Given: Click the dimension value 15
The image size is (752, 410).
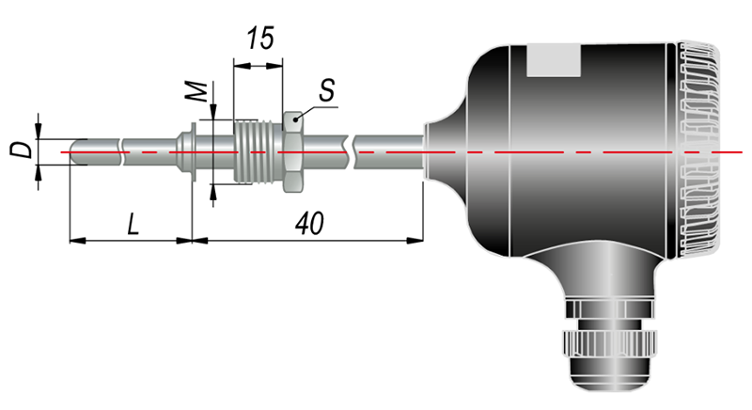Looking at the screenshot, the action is (x=261, y=39).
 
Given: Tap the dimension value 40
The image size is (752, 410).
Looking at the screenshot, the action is (x=309, y=224).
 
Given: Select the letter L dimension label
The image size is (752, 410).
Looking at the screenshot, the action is (x=133, y=224).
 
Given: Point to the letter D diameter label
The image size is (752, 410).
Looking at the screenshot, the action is (x=21, y=150).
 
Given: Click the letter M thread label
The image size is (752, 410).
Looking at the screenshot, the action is (x=196, y=91).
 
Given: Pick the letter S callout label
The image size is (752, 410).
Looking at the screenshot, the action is (x=326, y=90).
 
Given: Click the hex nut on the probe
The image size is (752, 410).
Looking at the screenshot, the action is (x=292, y=152).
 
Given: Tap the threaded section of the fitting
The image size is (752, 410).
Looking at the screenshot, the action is (x=258, y=151).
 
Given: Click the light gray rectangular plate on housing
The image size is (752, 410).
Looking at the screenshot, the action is (x=554, y=60).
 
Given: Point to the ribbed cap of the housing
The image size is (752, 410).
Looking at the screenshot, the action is (x=697, y=149).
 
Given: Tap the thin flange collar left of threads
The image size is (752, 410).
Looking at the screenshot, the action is (x=194, y=152).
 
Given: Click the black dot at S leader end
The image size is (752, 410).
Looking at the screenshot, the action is (x=295, y=118).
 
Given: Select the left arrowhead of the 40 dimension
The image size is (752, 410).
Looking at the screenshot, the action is (x=200, y=240).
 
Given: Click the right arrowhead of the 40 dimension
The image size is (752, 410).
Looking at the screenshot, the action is (x=415, y=240).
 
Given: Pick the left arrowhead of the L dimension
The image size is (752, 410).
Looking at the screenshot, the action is (x=78, y=240).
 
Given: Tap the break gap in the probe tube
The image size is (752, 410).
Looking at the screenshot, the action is (x=121, y=152).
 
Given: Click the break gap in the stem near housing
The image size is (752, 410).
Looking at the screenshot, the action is (x=351, y=152).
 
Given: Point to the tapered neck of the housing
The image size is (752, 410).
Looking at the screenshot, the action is (x=446, y=151).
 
